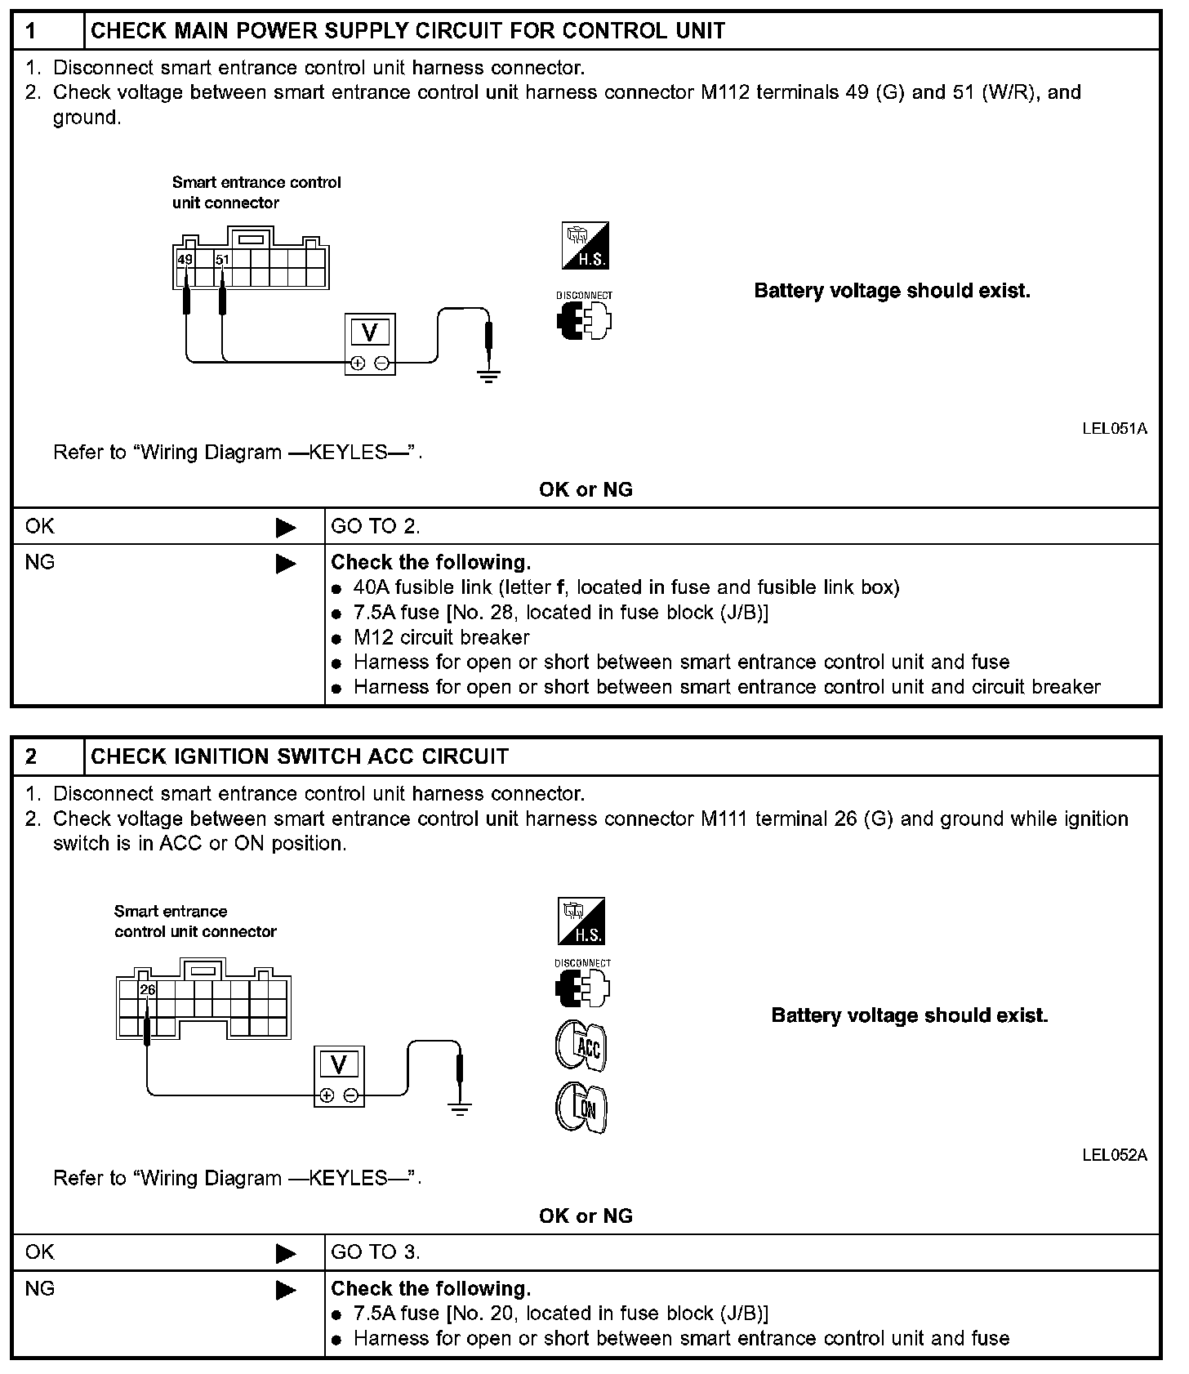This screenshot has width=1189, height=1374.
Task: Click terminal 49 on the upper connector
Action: (185, 260)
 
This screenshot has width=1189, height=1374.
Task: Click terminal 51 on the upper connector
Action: (222, 260)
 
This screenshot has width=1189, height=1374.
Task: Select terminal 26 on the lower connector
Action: (147, 989)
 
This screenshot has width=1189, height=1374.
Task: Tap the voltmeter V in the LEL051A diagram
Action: (370, 332)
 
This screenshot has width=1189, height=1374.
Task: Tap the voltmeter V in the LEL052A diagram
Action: (339, 1064)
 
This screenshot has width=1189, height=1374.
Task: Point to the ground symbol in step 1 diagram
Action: (488, 376)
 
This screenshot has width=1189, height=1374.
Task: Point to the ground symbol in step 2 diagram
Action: (461, 1108)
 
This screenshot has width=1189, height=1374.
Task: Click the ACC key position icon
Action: (581, 1046)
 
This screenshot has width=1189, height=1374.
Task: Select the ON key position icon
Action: (581, 1108)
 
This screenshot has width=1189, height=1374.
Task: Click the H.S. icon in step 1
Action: (585, 246)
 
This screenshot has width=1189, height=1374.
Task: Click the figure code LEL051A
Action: (1114, 429)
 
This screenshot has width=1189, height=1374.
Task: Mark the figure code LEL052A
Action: (1114, 1155)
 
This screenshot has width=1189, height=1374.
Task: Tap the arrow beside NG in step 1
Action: (286, 564)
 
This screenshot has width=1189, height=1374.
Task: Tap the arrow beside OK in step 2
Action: (286, 1253)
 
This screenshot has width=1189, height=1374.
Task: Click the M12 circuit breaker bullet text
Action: (441, 637)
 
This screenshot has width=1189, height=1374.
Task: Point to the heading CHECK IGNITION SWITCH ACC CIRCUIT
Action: (300, 756)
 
